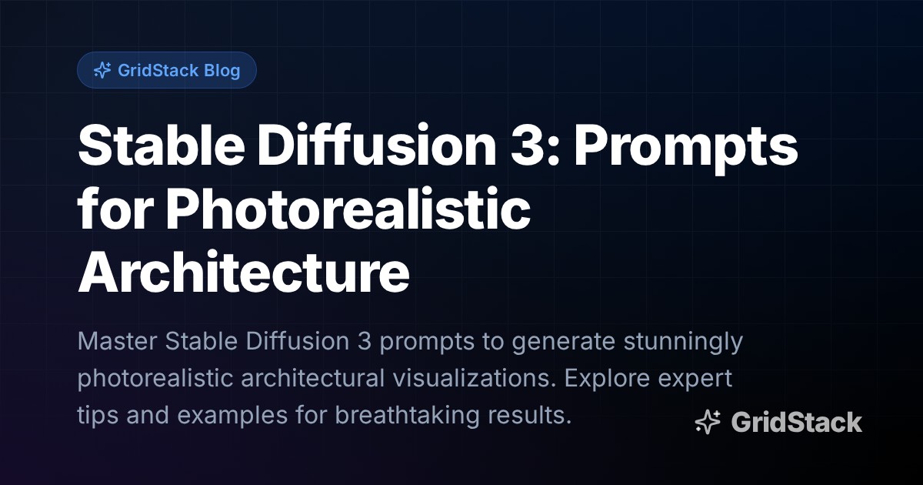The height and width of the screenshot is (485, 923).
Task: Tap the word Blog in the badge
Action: (222, 71)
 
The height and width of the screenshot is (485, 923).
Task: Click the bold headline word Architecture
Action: (244, 272)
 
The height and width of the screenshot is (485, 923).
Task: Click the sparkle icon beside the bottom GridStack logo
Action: (708, 422)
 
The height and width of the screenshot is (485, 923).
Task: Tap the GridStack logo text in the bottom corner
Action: (796, 422)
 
